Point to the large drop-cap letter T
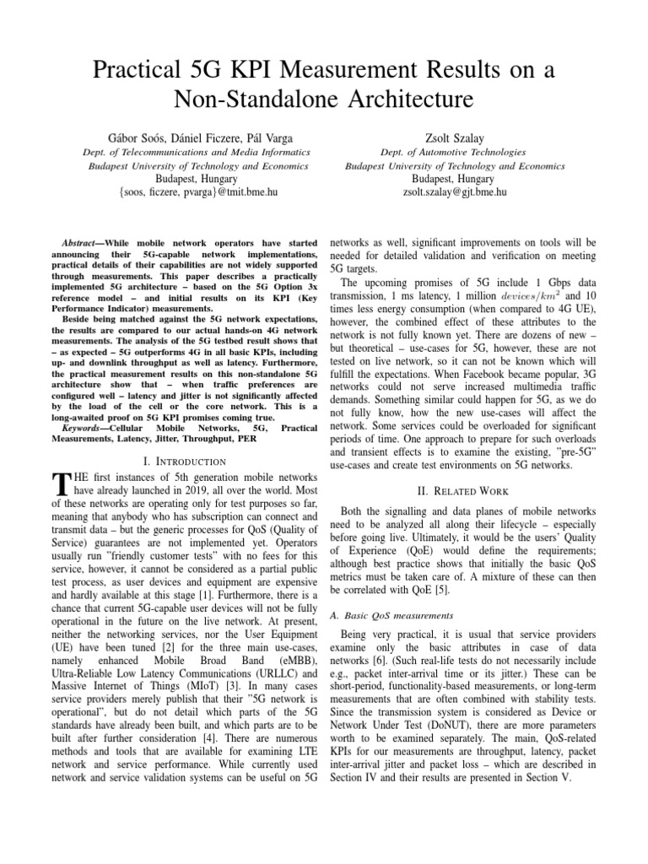59,485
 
